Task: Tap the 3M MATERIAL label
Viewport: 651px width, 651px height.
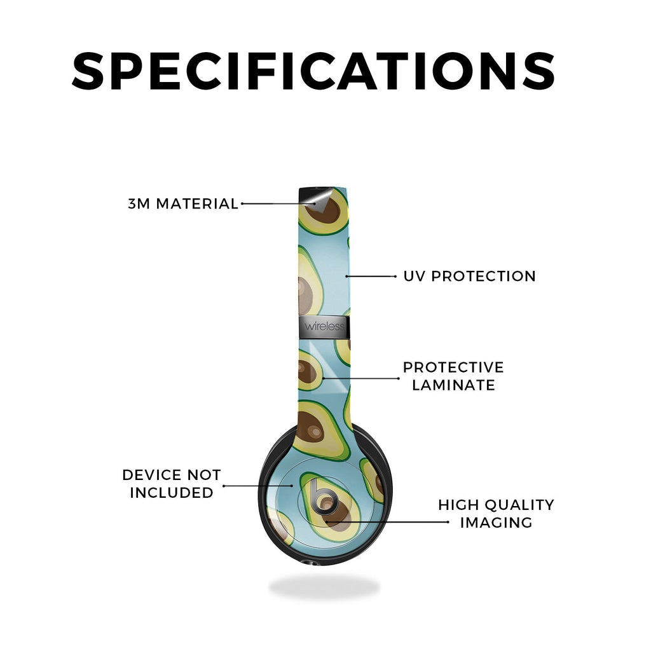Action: pos(183,204)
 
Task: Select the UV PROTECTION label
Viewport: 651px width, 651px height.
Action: pos(470,276)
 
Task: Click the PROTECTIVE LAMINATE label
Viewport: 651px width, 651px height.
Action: pos(453,376)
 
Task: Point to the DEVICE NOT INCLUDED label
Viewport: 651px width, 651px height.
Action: pos(172,484)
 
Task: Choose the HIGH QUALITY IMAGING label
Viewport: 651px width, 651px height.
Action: pos(496,514)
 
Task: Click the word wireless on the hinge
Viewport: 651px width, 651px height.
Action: pos(324,326)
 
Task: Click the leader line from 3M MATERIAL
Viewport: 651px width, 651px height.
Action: pos(278,204)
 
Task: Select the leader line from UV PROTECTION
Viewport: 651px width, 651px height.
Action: pos(371,276)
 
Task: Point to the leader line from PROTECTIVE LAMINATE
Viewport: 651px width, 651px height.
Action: pos(361,378)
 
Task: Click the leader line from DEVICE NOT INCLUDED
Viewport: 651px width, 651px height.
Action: pos(258,485)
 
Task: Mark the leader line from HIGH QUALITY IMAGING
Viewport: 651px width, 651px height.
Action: pos(387,521)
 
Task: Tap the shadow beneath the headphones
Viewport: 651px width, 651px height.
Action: pos(324,587)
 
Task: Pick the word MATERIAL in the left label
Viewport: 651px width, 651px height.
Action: pos(197,204)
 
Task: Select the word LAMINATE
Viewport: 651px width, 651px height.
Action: pos(453,385)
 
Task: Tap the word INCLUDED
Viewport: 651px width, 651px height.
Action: pos(172,493)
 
